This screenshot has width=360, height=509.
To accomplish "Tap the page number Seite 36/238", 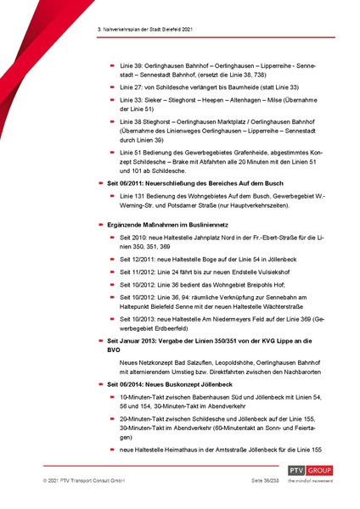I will click(x=246, y=481).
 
